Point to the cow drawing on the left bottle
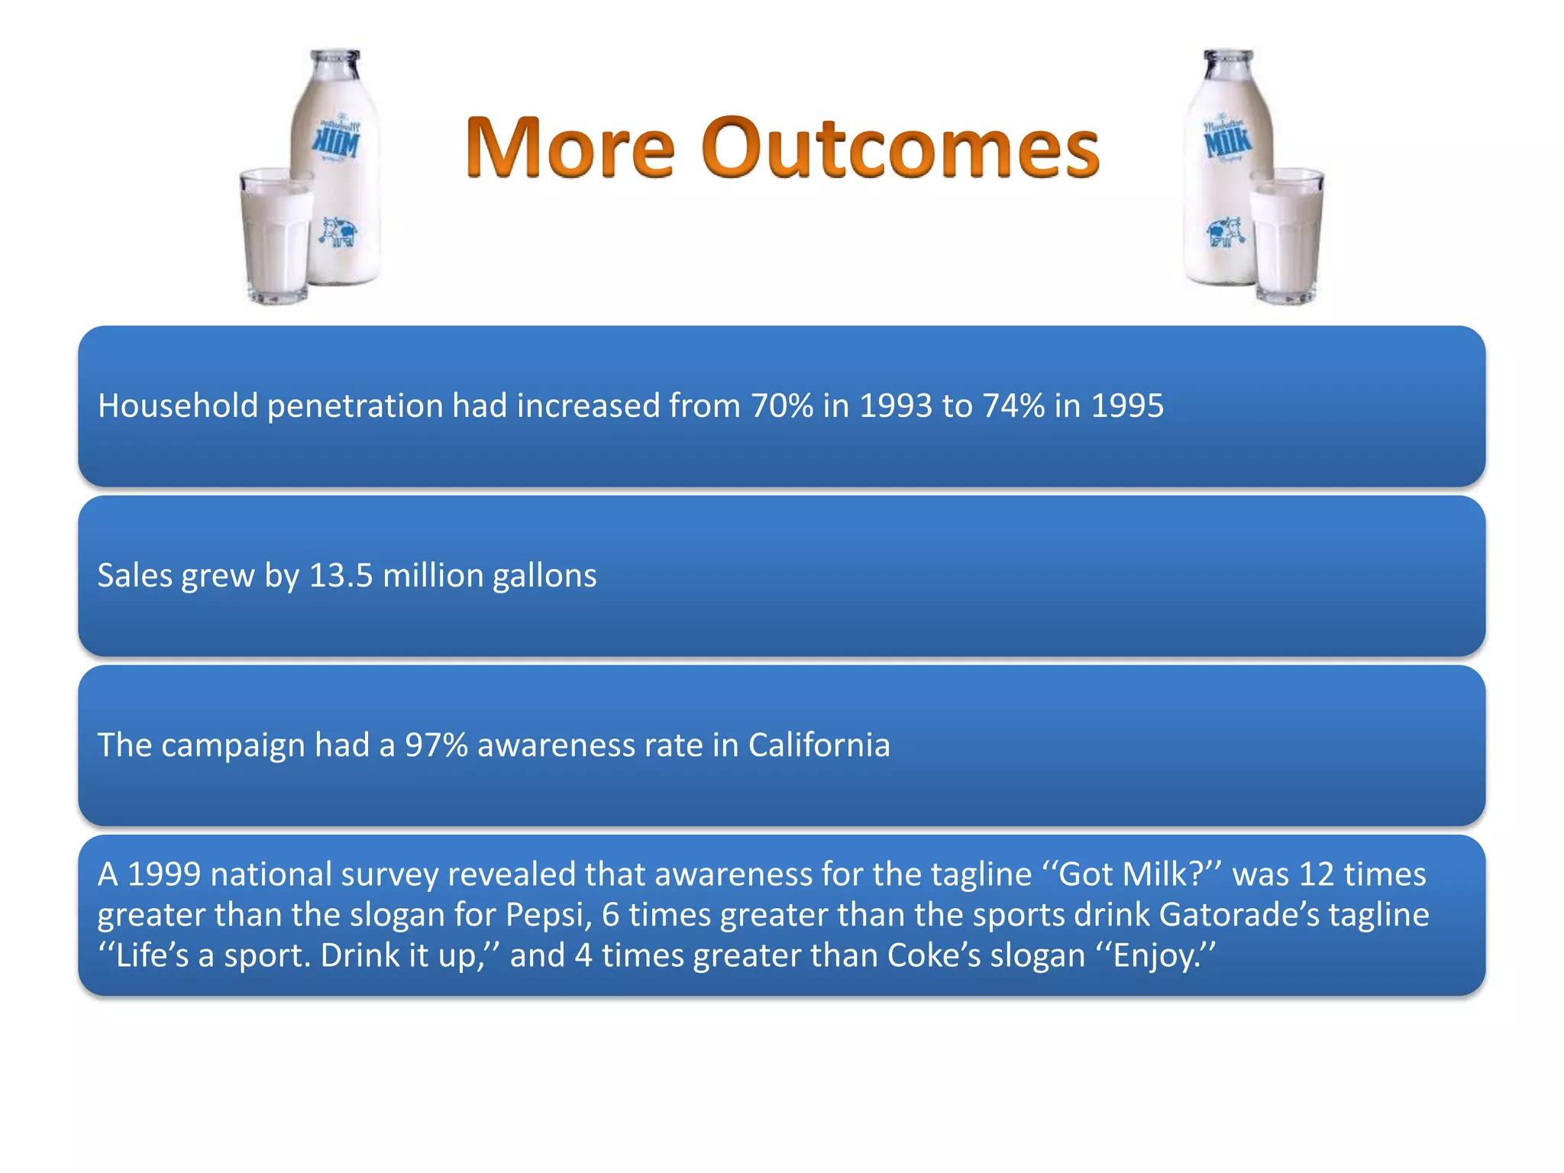pos(339,231)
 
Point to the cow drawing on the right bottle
pos(1225,231)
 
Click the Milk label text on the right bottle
pos(1227,141)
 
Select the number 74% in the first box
pos(1013,406)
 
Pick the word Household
pos(178,406)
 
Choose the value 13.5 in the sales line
pos(341,576)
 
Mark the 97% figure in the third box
pos(435,745)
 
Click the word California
pos(819,745)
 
